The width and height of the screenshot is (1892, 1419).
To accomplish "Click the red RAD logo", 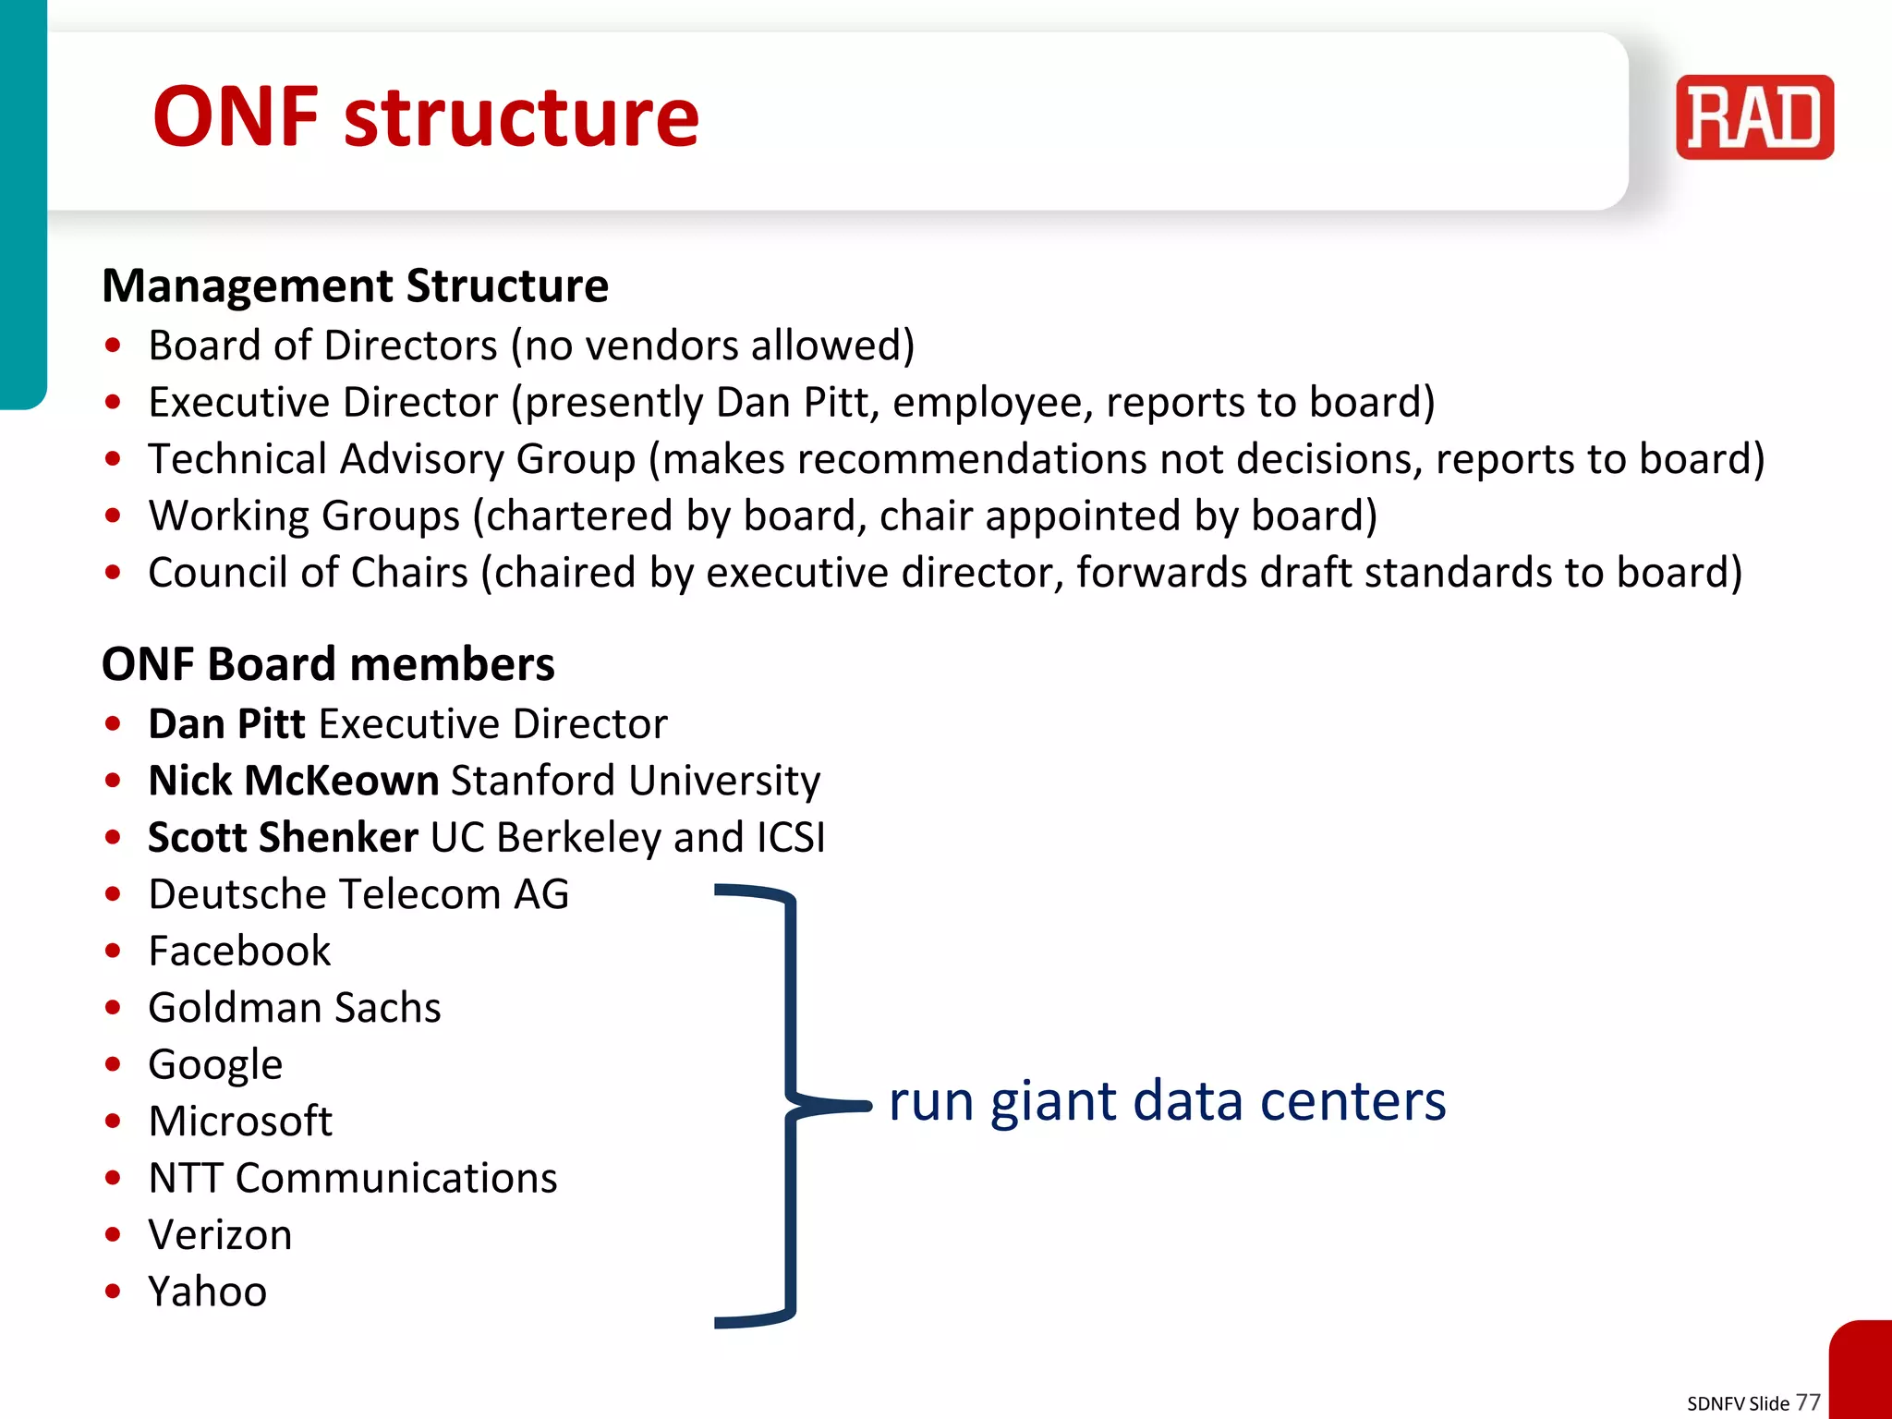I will coord(1753,117).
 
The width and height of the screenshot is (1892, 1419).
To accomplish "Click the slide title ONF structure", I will coord(426,117).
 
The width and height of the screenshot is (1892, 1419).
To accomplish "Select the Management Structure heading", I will coord(355,285).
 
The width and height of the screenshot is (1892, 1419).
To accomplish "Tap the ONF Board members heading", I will coord(328,664).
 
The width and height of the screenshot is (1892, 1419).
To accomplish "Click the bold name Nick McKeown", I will coord(293,781).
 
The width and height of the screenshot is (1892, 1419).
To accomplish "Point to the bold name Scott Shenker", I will coord(283,838).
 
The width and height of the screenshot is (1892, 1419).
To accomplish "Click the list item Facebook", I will coord(239,952).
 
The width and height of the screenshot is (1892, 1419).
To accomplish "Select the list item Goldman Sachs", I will coord(295,1008).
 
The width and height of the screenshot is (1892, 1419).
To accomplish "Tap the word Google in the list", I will coord(215,1065).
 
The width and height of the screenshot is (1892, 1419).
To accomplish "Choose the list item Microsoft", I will coord(240,1122).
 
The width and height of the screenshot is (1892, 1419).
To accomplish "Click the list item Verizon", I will coord(220,1235).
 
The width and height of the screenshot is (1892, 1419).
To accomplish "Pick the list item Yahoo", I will coord(208,1292).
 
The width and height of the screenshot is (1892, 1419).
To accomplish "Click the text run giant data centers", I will coord(1167,1102).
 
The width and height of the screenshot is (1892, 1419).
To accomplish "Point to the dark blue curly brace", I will coord(791,1105).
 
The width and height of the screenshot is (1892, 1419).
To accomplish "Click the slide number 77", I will coord(1808,1401).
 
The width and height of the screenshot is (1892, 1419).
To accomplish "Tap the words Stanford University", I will coord(636,781).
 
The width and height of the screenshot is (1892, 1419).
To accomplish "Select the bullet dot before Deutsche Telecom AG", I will coord(113,894).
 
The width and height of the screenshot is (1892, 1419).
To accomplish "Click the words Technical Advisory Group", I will coord(392,459).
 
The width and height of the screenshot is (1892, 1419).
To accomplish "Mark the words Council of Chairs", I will coord(308,573).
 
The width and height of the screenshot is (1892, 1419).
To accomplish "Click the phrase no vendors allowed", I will coord(713,346).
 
